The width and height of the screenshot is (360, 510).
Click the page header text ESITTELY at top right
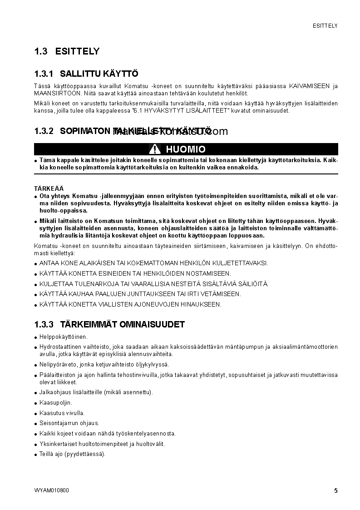(325, 26)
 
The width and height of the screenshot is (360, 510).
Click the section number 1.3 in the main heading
(41, 52)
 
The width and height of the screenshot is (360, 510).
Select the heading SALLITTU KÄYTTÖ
(99, 74)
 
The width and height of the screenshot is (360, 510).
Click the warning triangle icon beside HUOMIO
(155, 149)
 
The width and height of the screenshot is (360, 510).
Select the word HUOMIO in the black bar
(185, 149)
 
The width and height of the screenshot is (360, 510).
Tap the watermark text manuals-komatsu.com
(170, 132)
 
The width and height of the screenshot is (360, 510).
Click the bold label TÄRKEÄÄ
(49, 188)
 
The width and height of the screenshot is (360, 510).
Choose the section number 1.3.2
(44, 131)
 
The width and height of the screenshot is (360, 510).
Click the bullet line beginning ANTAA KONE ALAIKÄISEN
(153, 263)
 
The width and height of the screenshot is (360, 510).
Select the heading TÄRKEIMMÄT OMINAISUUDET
(122, 325)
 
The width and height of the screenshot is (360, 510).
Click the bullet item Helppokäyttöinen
(63, 337)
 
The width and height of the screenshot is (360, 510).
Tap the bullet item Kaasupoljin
(55, 403)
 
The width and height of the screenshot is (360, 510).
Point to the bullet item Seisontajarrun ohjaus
(69, 423)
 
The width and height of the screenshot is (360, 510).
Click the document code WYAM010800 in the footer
(51, 490)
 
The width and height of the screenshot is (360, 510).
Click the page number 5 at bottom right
(335, 490)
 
